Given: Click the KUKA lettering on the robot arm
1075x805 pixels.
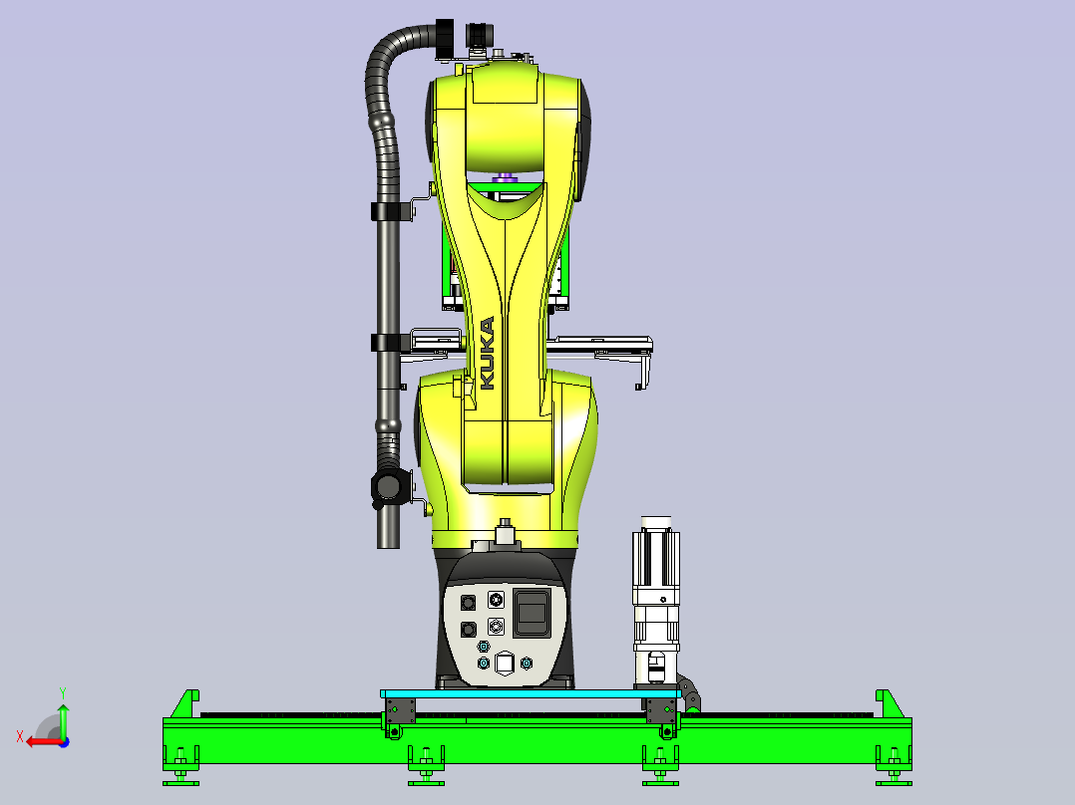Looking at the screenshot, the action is click(x=487, y=353).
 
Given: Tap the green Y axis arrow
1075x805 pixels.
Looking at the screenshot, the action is click(x=63, y=720).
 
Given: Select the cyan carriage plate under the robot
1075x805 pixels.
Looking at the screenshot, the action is click(x=531, y=694).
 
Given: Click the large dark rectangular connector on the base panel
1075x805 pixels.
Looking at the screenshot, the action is click(x=532, y=612).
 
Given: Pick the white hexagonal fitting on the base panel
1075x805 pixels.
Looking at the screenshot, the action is click(x=505, y=663).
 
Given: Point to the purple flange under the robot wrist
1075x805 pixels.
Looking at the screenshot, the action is click(x=506, y=177).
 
